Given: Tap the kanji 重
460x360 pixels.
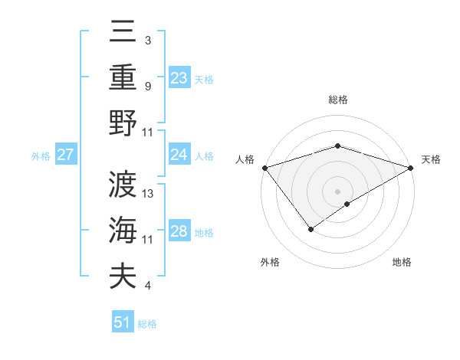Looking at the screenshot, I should [123, 79].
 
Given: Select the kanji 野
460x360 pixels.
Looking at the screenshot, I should [123, 123].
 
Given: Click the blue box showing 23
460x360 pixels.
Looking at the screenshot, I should [179, 78].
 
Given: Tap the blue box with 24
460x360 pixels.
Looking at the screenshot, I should [179, 155].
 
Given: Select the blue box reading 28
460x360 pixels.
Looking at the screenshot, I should [179, 232].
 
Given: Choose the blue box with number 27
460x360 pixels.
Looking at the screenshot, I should [65, 155].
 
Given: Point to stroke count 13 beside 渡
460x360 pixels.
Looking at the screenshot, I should [149, 194].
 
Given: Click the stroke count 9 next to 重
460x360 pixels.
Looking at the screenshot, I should [148, 86].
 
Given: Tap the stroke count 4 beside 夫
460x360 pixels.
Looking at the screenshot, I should [148, 286].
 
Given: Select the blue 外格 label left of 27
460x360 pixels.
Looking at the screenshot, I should [41, 156].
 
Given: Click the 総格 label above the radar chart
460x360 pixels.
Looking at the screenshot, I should [337, 100].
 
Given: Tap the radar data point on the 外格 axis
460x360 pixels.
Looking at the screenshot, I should [310, 228].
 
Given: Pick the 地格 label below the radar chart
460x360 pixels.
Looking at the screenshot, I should [402, 263].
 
